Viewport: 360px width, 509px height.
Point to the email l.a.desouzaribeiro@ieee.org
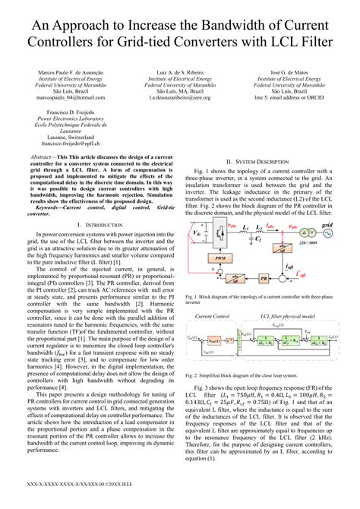pos(180,99)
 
